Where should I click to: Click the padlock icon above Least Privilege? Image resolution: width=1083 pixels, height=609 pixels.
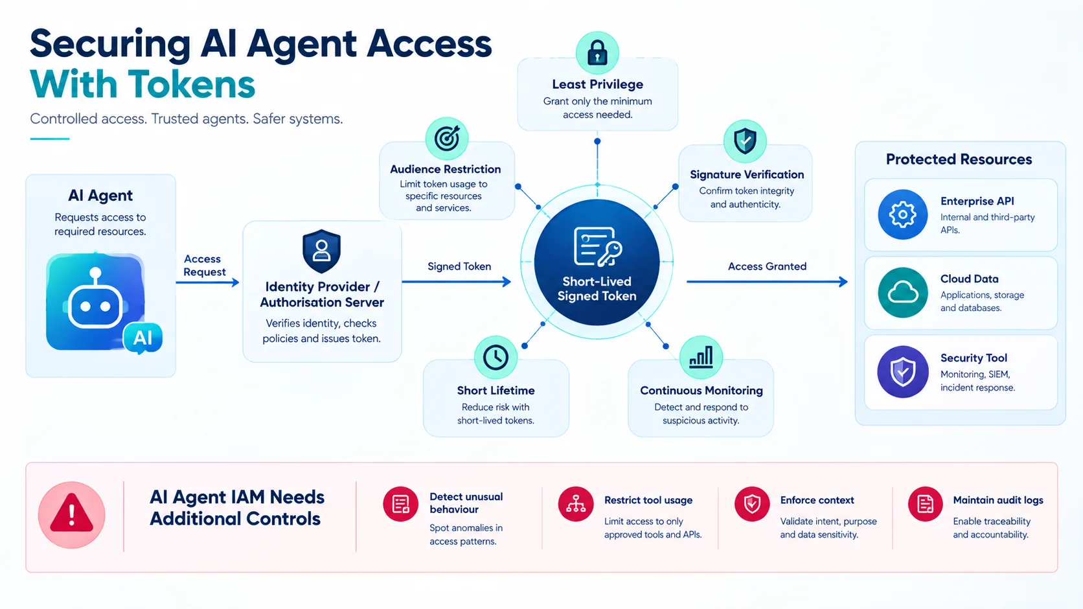pos(597,52)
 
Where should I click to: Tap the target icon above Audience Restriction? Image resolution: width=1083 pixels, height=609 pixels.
pos(447,139)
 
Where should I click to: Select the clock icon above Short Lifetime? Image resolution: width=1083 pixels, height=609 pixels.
pos(496,358)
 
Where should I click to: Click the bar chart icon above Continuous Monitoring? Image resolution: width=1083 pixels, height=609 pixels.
pos(701,358)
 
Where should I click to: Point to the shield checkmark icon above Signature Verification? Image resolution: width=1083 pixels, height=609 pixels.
pos(745,141)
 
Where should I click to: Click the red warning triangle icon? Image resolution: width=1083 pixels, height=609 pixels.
pos(71,514)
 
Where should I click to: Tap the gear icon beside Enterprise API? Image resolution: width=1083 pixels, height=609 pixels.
pos(903,214)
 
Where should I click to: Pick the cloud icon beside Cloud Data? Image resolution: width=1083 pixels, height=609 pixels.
pos(903,293)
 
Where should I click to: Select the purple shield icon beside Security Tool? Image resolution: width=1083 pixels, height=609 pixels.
pos(903,372)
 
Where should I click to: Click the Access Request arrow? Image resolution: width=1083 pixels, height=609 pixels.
pos(207,282)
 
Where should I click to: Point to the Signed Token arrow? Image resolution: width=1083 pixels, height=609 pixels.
pos(457,282)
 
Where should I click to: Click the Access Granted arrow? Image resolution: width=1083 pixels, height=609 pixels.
pos(768,282)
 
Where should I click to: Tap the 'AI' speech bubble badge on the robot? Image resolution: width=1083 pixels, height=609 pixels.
pos(142,338)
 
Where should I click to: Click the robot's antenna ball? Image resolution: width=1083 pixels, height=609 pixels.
pos(95,273)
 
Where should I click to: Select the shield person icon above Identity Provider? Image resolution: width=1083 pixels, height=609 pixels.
pos(321,251)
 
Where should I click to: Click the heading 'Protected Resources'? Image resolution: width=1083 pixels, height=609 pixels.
pos(959,159)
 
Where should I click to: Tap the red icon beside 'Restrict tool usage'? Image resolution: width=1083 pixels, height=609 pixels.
pos(575,504)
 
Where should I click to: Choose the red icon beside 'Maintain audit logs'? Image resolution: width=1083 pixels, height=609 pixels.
pos(925,504)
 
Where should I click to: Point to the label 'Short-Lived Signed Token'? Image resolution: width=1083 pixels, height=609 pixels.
pos(597,289)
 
